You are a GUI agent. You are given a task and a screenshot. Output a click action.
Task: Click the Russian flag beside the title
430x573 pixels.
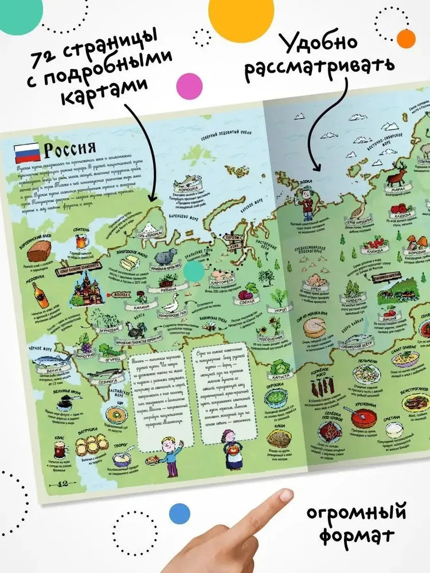[x=26, y=152]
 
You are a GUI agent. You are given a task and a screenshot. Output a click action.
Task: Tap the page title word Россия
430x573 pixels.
[x=69, y=150]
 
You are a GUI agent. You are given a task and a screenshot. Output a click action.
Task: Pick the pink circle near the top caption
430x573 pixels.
[x=189, y=87]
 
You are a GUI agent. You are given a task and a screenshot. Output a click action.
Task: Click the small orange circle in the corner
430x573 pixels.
[x=406, y=39]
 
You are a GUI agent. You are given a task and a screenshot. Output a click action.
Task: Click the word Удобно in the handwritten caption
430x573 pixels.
[x=319, y=44]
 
